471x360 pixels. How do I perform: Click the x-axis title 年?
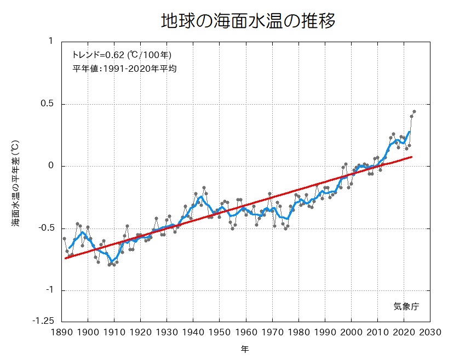point(245,348)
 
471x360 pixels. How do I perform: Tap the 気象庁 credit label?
point(406,306)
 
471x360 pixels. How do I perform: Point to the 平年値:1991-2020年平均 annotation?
point(124,69)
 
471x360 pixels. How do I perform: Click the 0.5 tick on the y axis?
point(49,104)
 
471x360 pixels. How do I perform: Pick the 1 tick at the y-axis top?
point(51,42)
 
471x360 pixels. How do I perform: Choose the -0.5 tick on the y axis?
point(47,228)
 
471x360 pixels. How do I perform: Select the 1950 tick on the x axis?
point(220,332)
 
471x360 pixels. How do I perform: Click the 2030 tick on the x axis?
point(430,332)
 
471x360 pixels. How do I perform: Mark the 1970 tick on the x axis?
point(272,332)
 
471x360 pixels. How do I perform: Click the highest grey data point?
point(414,111)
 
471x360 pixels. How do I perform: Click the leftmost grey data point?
point(64,238)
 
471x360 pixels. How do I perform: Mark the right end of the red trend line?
point(412,157)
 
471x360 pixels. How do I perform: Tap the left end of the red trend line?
point(65,258)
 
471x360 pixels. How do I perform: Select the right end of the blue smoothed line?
point(409,132)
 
